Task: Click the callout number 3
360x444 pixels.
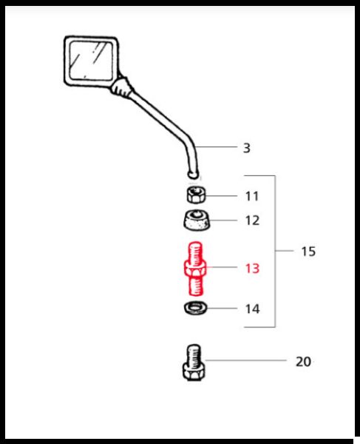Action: tap(247, 148)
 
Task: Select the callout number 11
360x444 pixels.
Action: tap(252, 196)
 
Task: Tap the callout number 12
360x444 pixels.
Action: tap(252, 221)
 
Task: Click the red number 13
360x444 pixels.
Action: tap(252, 269)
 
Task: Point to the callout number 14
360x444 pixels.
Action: tap(252, 309)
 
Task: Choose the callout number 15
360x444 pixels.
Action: tap(308, 252)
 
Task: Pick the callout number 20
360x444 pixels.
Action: tap(303, 362)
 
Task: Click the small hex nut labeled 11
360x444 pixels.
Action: tap(196, 195)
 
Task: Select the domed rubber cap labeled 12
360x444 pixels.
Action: tap(197, 221)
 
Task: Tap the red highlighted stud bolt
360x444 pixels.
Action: tap(195, 269)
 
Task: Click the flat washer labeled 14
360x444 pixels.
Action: tap(195, 308)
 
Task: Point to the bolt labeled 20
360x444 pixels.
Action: tap(194, 362)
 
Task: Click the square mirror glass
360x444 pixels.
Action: tap(91, 60)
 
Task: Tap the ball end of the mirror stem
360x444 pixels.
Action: tap(193, 175)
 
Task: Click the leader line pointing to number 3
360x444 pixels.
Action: tap(216, 147)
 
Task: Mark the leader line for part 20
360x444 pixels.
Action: tap(245, 360)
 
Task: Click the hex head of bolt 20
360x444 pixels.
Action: tap(194, 372)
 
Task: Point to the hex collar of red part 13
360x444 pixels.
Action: tap(195, 269)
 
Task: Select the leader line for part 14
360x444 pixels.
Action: tap(222, 308)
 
